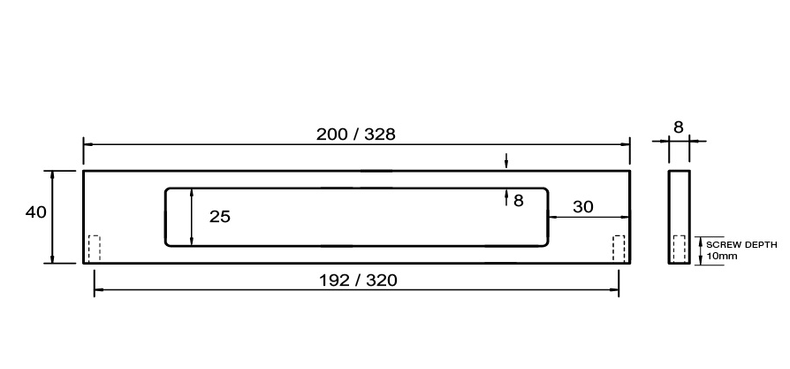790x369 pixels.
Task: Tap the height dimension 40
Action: click(x=35, y=212)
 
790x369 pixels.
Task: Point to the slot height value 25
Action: click(x=220, y=216)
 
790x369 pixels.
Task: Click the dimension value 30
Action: click(x=583, y=206)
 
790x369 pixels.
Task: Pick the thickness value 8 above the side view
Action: click(x=679, y=127)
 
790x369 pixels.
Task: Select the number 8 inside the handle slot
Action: click(x=518, y=201)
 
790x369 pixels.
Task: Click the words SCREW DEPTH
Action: click(x=742, y=245)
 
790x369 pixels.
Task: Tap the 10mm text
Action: click(x=722, y=256)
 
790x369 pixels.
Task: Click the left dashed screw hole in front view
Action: click(x=95, y=248)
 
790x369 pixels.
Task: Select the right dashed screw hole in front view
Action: click(x=619, y=248)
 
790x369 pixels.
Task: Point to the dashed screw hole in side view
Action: click(x=680, y=249)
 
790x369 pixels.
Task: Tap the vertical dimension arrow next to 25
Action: click(x=193, y=216)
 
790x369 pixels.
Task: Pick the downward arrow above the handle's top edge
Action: click(x=505, y=161)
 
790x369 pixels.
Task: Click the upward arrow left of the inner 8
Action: click(x=505, y=197)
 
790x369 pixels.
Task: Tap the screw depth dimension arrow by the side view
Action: click(x=699, y=250)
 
